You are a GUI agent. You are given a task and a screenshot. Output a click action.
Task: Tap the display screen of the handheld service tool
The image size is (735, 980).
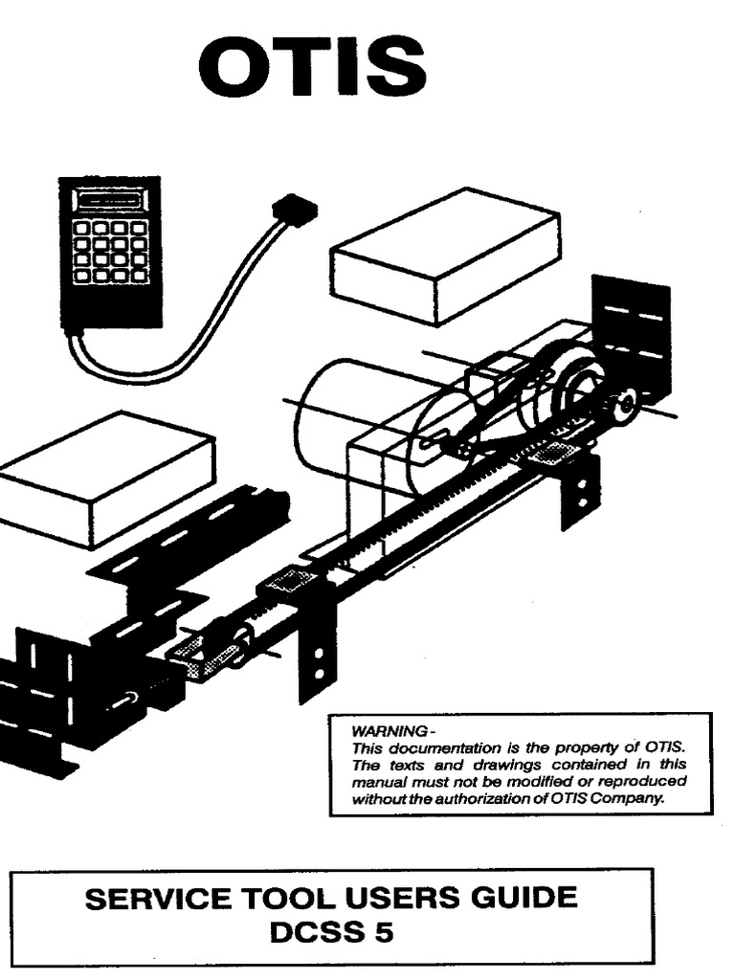[109, 203]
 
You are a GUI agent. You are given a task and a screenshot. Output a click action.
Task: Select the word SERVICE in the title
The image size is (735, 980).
[157, 899]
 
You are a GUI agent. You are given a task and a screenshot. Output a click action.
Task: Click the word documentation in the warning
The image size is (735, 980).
[433, 747]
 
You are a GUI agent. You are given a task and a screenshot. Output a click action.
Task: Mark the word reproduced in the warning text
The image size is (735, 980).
[646, 782]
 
